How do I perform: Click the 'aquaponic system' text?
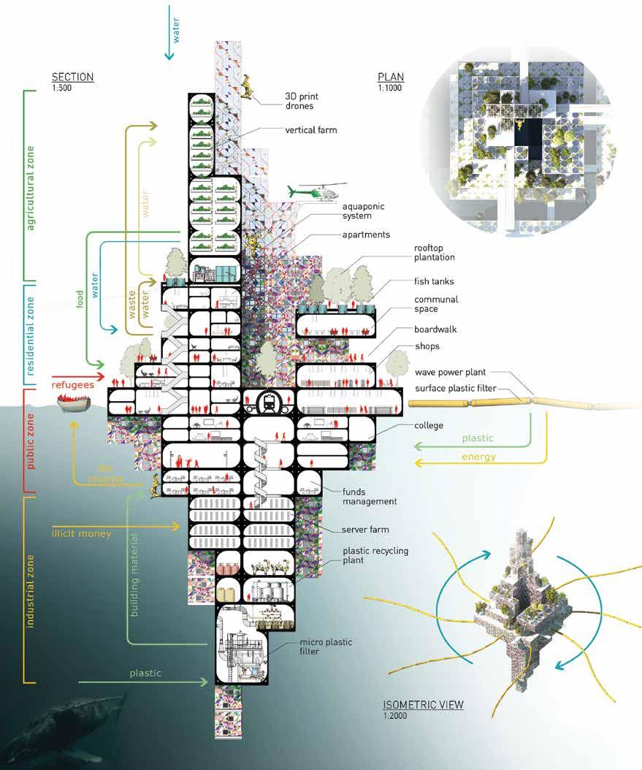[363, 212]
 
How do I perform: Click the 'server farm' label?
[365, 529]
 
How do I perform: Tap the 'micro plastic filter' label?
[326, 647]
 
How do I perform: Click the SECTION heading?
[72, 77]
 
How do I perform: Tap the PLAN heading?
[391, 77]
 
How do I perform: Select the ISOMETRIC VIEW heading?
[424, 705]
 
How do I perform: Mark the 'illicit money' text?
[82, 533]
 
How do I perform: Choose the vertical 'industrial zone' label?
[31, 590]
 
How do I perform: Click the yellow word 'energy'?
[478, 457]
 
